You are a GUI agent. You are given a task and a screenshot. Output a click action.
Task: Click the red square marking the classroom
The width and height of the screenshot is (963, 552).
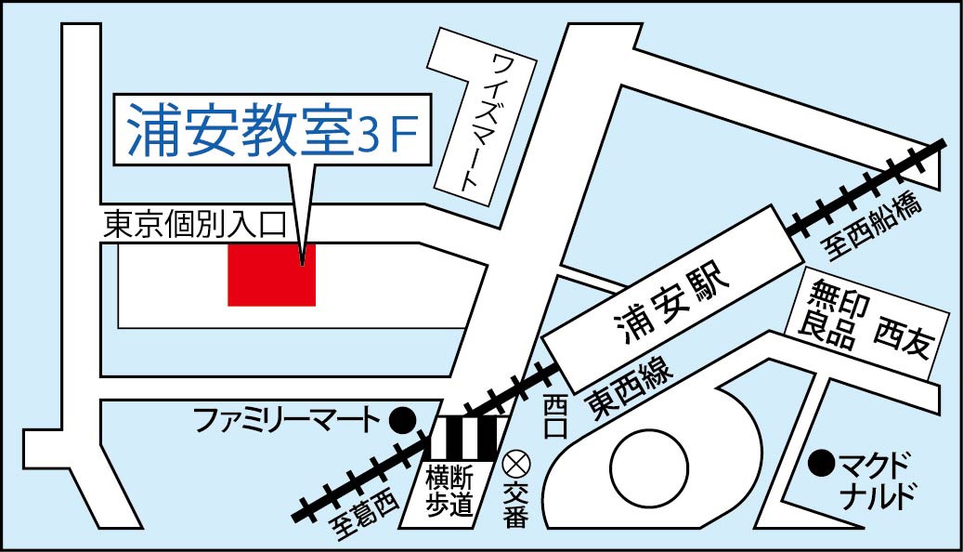pyautogui.click(x=272, y=274)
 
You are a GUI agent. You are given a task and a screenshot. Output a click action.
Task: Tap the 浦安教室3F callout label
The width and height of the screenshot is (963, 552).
pyautogui.click(x=272, y=130)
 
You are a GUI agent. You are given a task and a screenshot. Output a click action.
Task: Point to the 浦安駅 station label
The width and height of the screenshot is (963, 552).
pyautogui.click(x=666, y=305)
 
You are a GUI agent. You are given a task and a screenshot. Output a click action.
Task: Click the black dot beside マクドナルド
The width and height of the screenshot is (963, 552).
pyautogui.click(x=820, y=460)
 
